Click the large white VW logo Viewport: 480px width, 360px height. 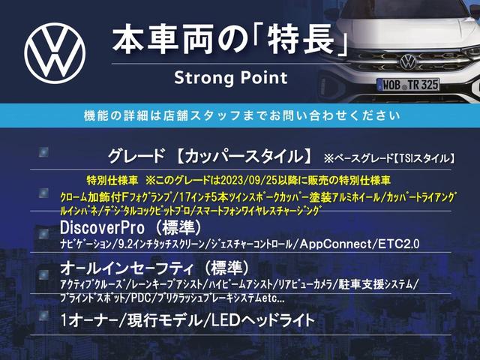point(55,53)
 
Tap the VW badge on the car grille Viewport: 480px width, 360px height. point(408,61)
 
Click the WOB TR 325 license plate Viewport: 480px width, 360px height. point(408,85)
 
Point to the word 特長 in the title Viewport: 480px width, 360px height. point(300,40)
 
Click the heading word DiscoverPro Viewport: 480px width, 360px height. point(102,228)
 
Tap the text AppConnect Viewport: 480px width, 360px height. point(336,244)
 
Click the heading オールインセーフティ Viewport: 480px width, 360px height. point(127,268)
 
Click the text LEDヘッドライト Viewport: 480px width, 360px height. point(262,320)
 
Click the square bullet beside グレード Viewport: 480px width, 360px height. point(43,151)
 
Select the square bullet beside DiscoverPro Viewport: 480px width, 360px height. point(43,233)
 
